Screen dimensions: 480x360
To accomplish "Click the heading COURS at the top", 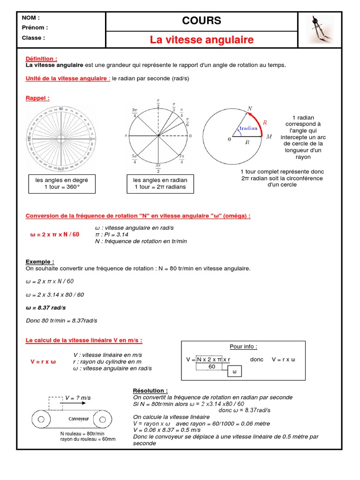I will click(202, 21).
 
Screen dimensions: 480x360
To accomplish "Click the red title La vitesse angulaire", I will click(202, 40).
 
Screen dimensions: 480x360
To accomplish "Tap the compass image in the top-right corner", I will click(320, 29).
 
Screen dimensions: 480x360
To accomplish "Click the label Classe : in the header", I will click(34, 37).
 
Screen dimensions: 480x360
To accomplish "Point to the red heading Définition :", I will click(41, 59).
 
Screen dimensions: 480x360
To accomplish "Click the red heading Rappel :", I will click(37, 98).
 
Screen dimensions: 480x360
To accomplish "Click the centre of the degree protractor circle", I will click(61, 139).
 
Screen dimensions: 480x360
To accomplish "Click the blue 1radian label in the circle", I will click(248, 128).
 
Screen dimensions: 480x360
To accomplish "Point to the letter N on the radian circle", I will click(250, 108).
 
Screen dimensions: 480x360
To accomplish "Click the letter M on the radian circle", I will click(269, 137).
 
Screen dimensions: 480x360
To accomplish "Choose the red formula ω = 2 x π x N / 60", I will click(52, 234).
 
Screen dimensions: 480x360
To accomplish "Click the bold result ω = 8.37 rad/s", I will click(45, 307).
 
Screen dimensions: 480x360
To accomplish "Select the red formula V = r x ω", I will click(43, 362).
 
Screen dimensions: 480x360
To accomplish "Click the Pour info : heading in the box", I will click(243, 346).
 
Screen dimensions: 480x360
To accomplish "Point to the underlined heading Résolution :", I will click(150, 390).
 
